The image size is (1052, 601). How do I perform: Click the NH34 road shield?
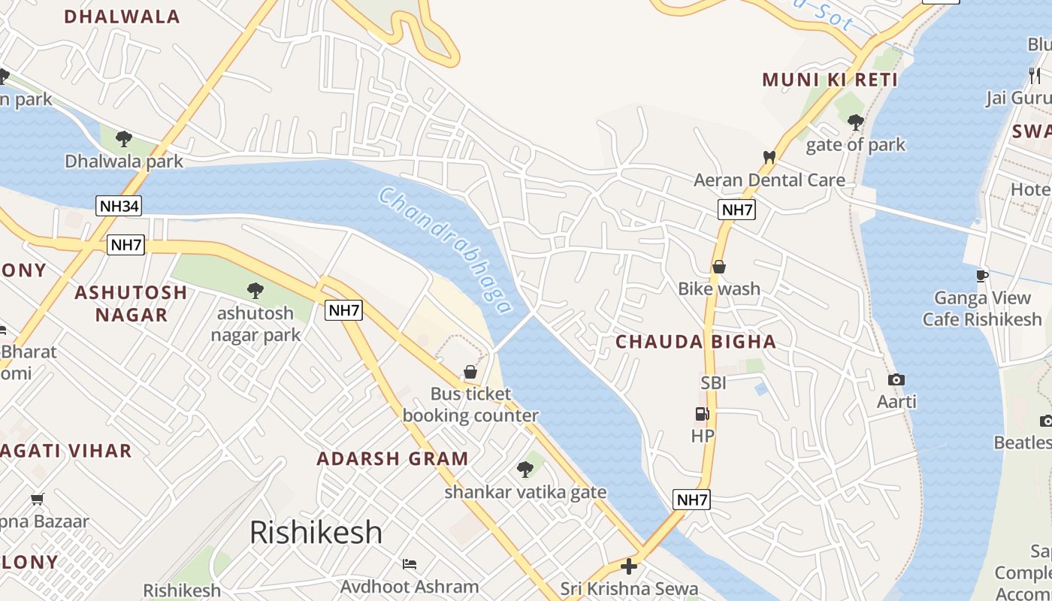tap(119, 206)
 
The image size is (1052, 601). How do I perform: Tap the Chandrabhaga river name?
tap(446, 251)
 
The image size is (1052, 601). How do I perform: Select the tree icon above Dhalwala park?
tap(124, 139)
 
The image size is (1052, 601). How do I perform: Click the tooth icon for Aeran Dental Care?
tap(769, 158)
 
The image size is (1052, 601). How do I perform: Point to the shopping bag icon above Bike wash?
tap(719, 267)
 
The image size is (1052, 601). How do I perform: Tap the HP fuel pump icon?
tap(702, 414)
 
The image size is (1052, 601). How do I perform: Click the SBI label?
tap(713, 383)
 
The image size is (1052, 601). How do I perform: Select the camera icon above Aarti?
tap(896, 380)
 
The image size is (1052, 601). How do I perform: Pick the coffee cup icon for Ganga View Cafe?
tap(982, 276)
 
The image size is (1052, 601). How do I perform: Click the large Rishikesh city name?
tap(316, 532)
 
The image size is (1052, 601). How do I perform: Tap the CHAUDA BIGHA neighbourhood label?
tap(696, 342)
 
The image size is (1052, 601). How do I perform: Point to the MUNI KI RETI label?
tap(830, 80)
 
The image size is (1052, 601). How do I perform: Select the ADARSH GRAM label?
tap(392, 458)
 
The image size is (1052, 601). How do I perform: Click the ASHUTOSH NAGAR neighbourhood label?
tap(131, 303)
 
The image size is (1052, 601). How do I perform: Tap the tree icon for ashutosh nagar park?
tap(255, 290)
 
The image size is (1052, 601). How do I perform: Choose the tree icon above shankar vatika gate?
tap(525, 470)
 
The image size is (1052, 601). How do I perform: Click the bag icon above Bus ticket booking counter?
tap(470, 372)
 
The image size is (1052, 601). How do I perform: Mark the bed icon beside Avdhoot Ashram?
tap(410, 563)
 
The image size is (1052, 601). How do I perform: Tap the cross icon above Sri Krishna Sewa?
tap(629, 566)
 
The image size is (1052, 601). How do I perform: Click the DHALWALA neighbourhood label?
tap(122, 17)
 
